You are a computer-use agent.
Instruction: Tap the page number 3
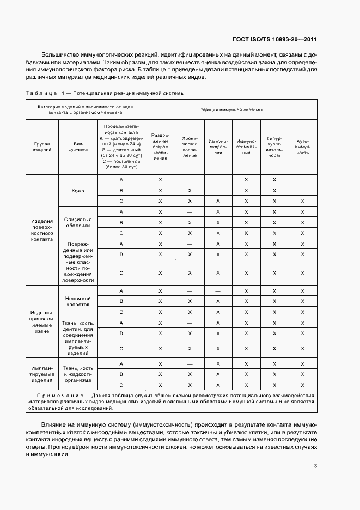[315, 465]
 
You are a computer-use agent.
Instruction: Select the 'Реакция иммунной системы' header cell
[231, 110]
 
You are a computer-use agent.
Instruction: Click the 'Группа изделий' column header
[42, 147]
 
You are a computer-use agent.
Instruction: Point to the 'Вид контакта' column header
[77, 147]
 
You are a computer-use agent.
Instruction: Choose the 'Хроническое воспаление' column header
[190, 147]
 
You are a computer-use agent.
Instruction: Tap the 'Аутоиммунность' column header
[302, 147]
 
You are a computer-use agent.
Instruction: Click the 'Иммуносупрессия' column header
[217, 147]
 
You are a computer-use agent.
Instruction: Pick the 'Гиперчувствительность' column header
[274, 147]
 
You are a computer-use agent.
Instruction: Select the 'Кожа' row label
[77, 191]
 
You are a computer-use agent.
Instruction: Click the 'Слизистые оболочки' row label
[77, 222]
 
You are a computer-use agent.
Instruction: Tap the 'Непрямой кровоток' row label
[77, 301]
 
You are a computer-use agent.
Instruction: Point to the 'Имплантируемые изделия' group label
[42, 374]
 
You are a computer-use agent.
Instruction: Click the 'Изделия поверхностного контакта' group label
[42, 230]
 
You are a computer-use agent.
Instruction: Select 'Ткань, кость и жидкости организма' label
[77, 374]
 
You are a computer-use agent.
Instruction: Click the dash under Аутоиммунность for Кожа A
[302, 180]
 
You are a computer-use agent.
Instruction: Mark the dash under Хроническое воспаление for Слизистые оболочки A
[190, 211]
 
